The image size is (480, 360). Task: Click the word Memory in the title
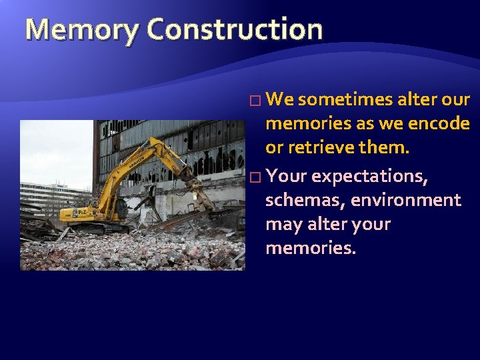[x=82, y=29]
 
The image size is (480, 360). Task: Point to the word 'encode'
[x=441, y=124]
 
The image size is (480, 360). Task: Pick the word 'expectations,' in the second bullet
[x=369, y=177]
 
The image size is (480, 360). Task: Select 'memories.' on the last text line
[x=311, y=249]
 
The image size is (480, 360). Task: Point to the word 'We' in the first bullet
[x=279, y=100]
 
